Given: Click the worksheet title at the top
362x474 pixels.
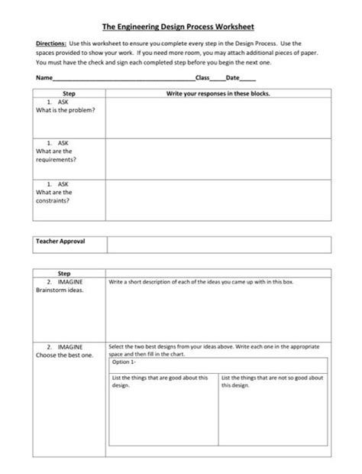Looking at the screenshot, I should click(181, 25).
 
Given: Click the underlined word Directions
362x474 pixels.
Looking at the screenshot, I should click(50, 45).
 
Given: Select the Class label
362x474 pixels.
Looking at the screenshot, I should click(203, 78).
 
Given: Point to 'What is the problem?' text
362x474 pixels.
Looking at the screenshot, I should click(65, 110).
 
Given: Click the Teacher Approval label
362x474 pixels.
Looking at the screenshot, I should click(60, 241).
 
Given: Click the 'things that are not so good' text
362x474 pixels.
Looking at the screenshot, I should click(273, 381).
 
